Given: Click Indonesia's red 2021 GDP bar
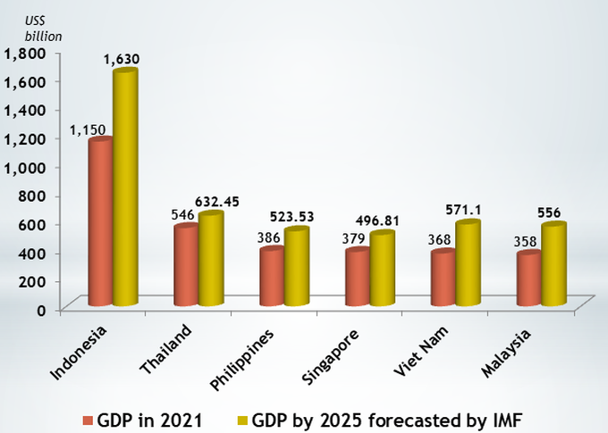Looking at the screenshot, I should click(x=100, y=223).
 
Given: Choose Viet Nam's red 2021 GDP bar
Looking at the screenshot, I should click(x=443, y=279).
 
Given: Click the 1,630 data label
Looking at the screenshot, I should click(x=122, y=59).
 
